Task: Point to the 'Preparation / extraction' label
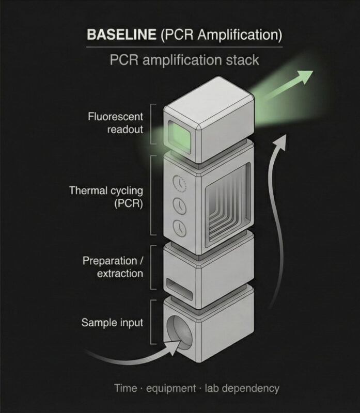(x=112, y=266)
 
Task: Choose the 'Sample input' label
(x=112, y=323)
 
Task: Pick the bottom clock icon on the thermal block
(x=178, y=227)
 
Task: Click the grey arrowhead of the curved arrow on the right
(x=284, y=140)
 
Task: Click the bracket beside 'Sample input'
(x=151, y=323)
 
